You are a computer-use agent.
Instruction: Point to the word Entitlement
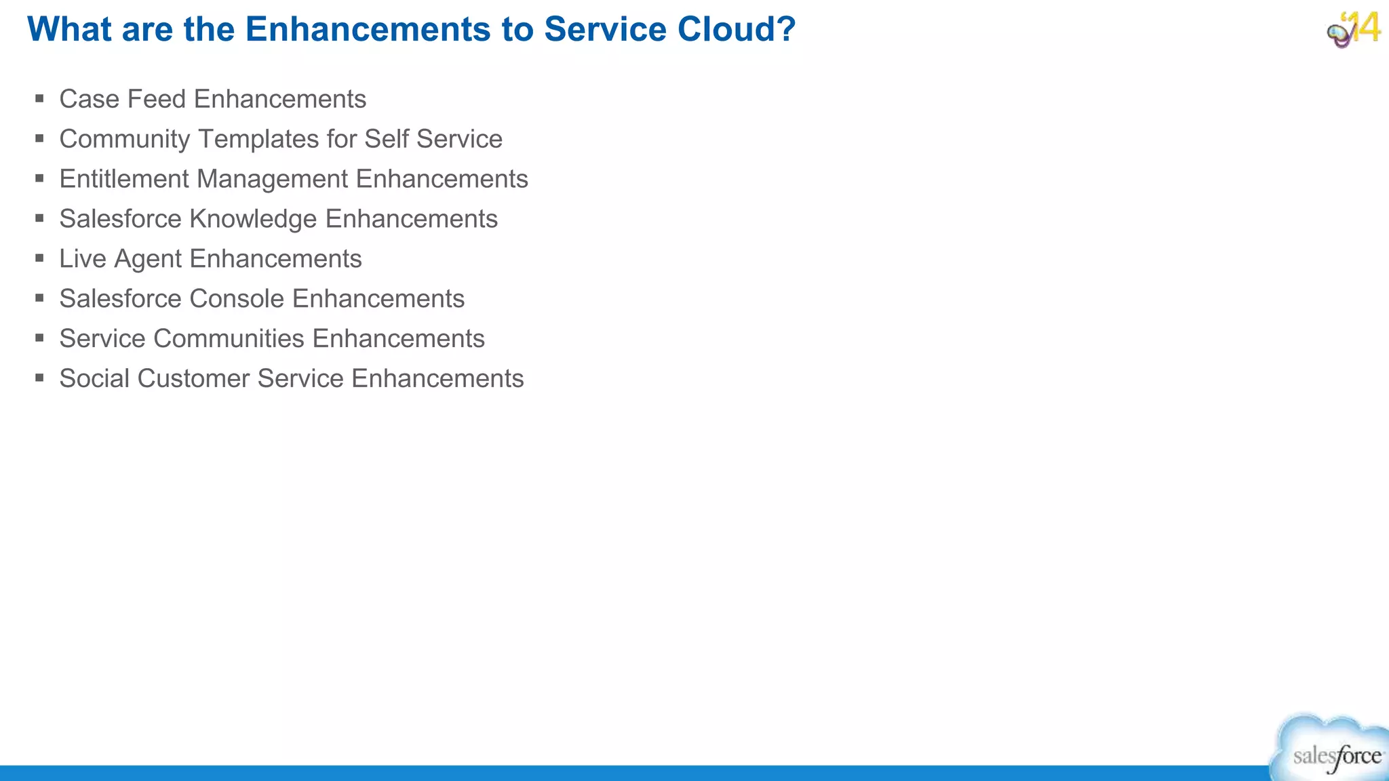click(124, 179)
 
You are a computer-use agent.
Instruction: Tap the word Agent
click(148, 259)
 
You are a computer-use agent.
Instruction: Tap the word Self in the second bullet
click(387, 139)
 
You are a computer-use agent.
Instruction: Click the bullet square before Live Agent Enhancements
click(39, 258)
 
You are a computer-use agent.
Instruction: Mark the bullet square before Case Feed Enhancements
click(39, 98)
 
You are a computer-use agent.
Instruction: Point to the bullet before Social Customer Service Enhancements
click(39, 378)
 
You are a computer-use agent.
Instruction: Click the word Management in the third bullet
click(272, 179)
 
